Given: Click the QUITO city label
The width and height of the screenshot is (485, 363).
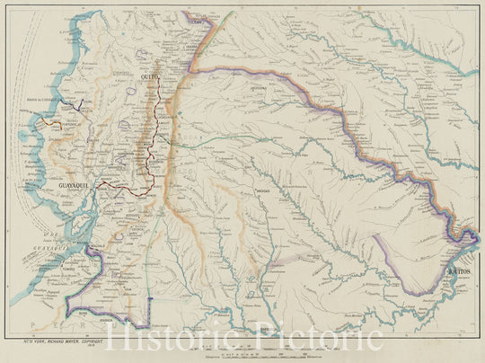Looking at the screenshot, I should [150, 80].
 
